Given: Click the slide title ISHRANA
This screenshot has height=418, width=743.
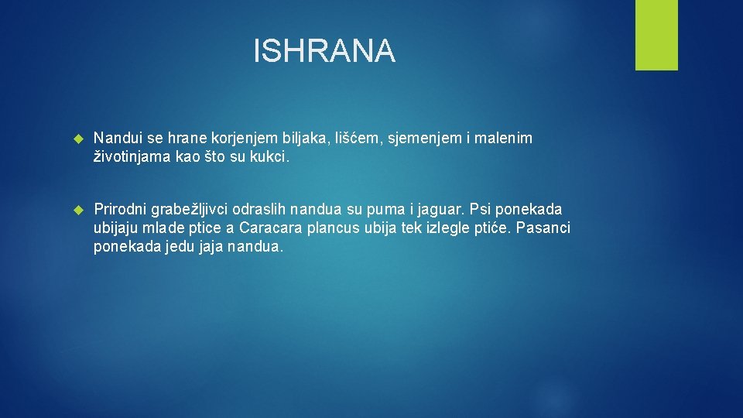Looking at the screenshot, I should pos(324,52).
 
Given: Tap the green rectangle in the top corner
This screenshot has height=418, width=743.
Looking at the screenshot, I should pos(656,35).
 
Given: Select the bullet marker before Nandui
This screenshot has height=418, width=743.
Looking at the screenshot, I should pos(77,139).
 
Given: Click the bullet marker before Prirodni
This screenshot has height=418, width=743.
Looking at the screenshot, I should pos(77,210).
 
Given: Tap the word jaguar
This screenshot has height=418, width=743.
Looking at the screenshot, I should pos(440,210).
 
